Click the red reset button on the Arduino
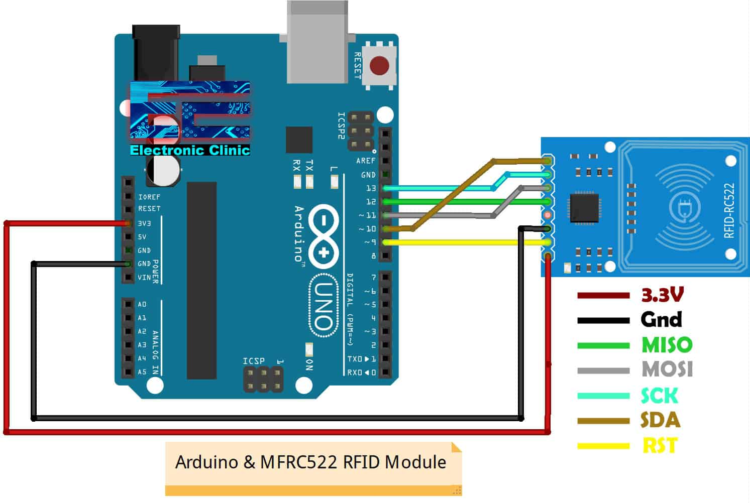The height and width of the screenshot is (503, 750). coord(379,66)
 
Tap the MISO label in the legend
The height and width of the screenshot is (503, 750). coord(667,345)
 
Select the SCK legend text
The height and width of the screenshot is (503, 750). coord(659,396)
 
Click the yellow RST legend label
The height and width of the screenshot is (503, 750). coord(660,445)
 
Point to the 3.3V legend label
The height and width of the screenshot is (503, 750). coord(662,295)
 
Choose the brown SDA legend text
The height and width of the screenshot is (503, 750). coord(660,420)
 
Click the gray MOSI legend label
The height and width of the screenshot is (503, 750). coord(667,369)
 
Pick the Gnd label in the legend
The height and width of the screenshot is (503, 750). coord(661,319)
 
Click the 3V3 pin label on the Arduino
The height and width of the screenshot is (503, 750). coord(145,223)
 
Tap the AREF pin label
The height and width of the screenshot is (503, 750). coord(366,161)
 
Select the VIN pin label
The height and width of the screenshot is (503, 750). coord(144,277)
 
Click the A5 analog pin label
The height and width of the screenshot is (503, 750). coord(142,372)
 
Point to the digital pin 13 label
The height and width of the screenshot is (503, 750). coord(371,188)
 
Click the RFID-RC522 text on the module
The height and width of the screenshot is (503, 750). coord(729,210)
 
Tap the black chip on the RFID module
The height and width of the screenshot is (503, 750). coord(584,207)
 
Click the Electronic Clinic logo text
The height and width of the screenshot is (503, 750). coord(190,150)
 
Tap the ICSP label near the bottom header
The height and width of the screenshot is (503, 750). coord(253,361)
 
